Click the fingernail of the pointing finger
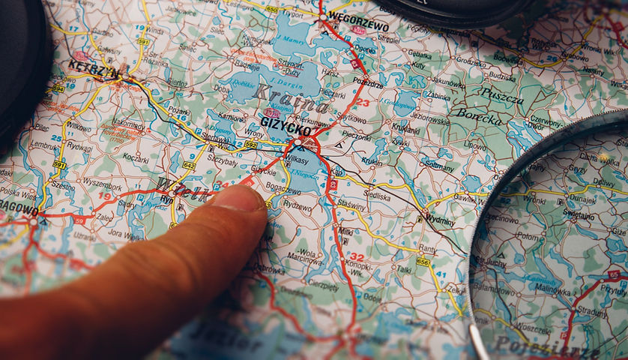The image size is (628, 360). [x=241, y=199]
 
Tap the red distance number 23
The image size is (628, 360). [x=362, y=102]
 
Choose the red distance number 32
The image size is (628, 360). [x=357, y=256]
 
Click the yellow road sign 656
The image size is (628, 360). [x=423, y=262]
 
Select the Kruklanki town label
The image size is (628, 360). [x=405, y=128]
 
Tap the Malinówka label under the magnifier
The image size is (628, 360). [x=552, y=286]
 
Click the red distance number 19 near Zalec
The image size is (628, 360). [x=104, y=197]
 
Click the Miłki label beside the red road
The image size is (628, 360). [x=345, y=232]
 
